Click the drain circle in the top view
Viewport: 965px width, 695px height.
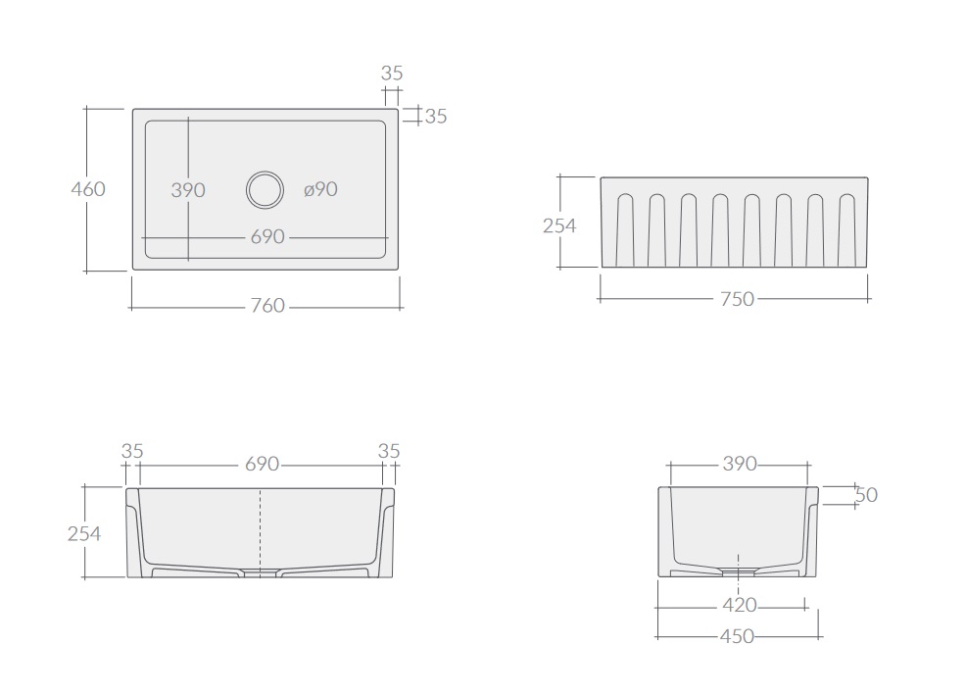point(265,173)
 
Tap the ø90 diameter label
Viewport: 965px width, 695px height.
point(320,189)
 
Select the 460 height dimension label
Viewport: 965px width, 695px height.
point(88,188)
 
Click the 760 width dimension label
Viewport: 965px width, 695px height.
point(267,305)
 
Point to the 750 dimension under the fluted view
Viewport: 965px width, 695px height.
point(738,299)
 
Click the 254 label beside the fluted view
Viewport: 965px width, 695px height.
point(559,225)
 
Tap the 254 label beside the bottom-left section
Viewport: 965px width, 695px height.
point(84,533)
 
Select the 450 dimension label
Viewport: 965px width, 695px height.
point(737,636)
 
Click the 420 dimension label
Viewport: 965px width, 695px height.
point(740,605)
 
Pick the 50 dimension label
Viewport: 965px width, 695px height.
point(866,494)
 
